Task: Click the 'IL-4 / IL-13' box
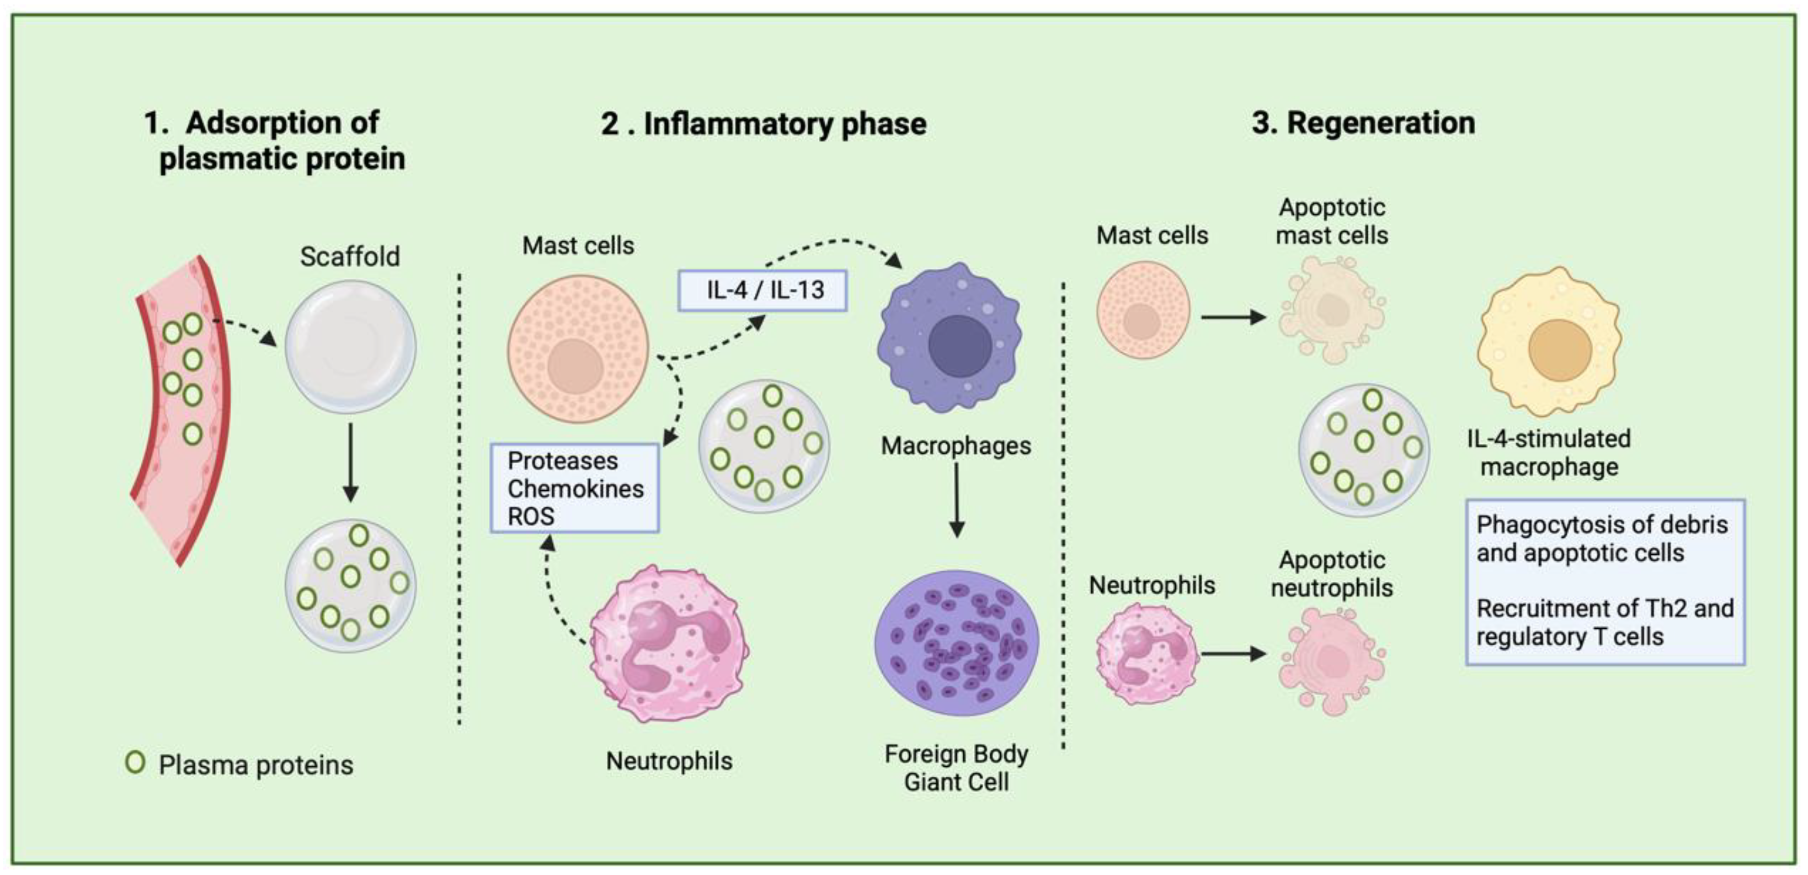(x=762, y=290)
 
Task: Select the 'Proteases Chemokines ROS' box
(x=574, y=488)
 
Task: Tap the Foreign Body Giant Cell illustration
(x=956, y=643)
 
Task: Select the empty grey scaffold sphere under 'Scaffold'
(x=350, y=346)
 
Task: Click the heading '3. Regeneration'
(x=1363, y=123)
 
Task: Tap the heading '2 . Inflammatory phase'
(x=764, y=124)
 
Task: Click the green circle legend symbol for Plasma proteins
(x=135, y=762)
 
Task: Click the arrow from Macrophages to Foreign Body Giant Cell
(x=956, y=500)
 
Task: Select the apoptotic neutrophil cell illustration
(x=1331, y=660)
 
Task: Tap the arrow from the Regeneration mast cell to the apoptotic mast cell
(x=1233, y=317)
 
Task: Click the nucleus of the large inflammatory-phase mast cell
(x=575, y=367)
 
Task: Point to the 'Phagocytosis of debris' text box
(x=1604, y=581)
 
